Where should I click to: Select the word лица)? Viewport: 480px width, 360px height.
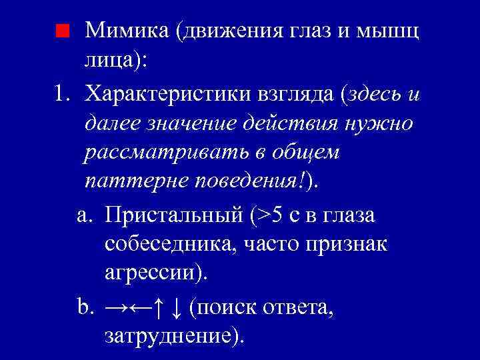point(116,61)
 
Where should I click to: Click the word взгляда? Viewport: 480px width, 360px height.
point(298,94)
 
